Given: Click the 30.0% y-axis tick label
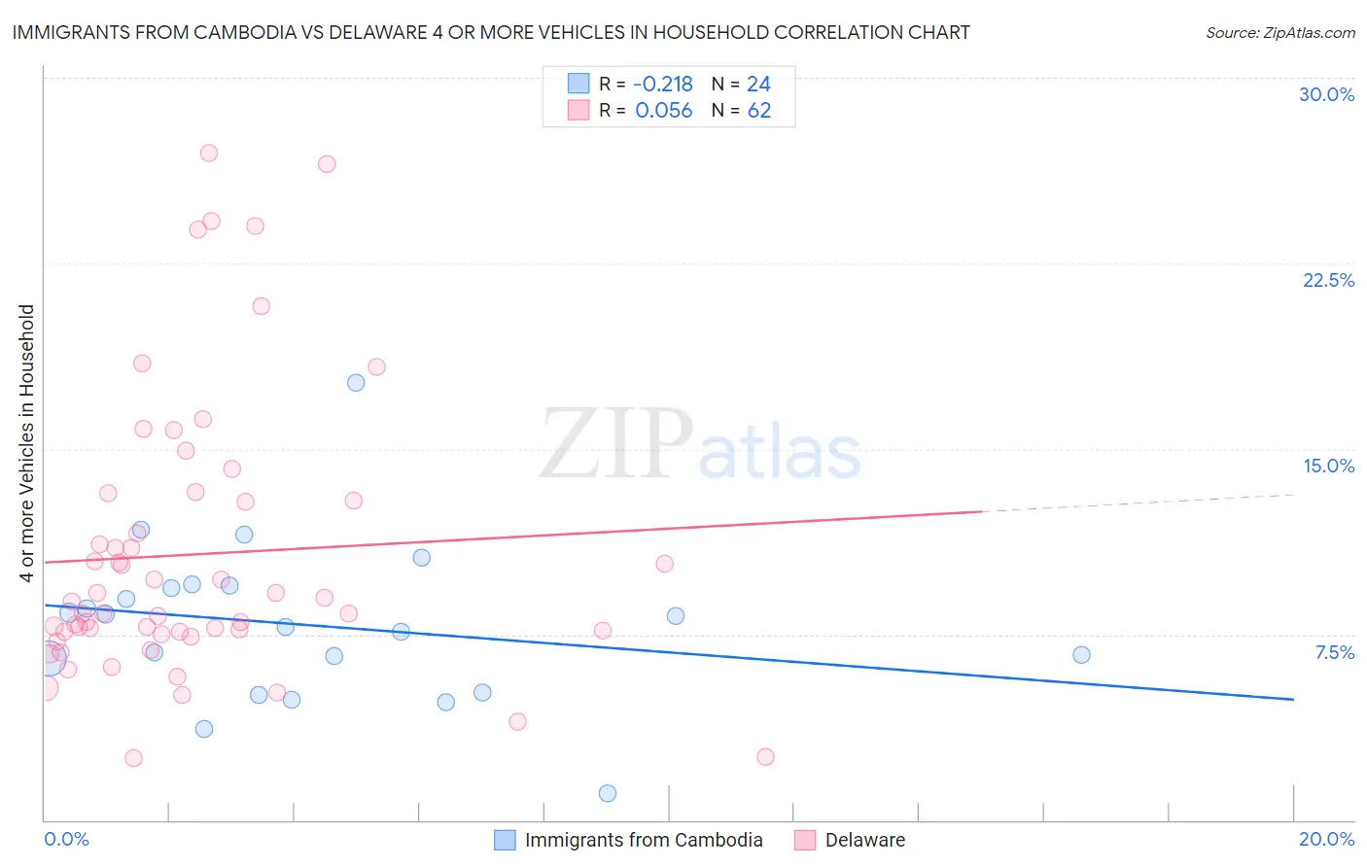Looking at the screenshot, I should click(1326, 94).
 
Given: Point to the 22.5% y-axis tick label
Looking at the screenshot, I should click(1328, 280).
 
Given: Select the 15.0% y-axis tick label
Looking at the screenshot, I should click(1328, 466).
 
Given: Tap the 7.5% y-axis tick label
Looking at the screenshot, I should click(1334, 652).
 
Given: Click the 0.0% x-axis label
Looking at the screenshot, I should click(66, 839).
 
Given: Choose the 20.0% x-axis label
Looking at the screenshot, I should click(1326, 839).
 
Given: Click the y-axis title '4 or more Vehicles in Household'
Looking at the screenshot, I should click(27, 443).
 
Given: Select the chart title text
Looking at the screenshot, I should click(491, 32).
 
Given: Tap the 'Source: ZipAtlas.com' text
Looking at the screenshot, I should click(1279, 32).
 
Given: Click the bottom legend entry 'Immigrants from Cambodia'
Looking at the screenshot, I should click(643, 840).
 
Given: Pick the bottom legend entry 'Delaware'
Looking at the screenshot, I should click(864, 840).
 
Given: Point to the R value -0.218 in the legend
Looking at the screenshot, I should click(663, 84).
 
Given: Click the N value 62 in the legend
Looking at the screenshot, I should click(758, 111).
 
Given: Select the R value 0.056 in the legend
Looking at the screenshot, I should click(663, 111).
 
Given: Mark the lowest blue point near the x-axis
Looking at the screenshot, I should click(608, 793).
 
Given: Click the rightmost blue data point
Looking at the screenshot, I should click(1081, 655).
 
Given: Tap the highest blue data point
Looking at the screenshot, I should click(356, 383).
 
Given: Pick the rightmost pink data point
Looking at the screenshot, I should click(765, 757).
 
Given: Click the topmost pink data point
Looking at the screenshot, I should click(208, 153).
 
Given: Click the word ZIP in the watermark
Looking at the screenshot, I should click(616, 443).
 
